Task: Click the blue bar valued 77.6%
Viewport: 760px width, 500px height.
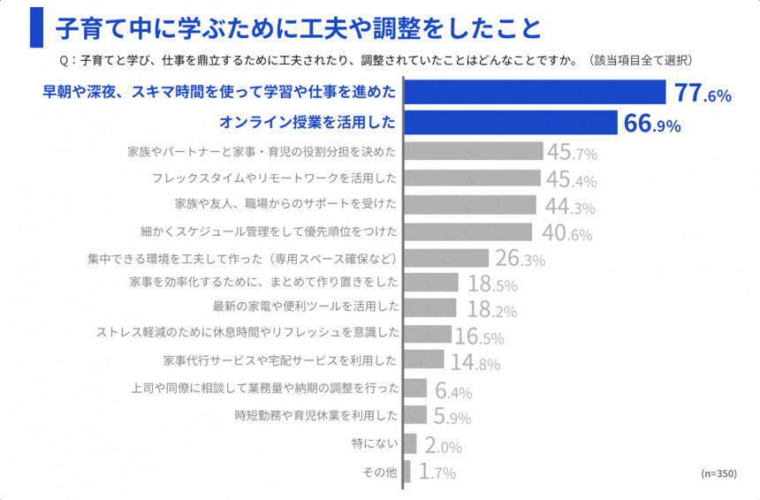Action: click(535, 92)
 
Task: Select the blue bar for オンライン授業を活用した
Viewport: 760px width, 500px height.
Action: click(511, 122)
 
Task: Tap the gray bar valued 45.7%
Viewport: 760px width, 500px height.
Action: click(474, 151)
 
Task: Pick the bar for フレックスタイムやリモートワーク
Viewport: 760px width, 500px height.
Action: click(473, 178)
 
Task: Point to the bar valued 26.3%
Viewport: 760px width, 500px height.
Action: click(446, 259)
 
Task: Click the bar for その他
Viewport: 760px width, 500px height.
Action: click(407, 472)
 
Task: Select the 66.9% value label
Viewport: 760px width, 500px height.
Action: click(652, 124)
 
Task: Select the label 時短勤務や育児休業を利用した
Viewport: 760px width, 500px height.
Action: click(316, 414)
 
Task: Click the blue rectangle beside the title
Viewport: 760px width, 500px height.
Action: click(36, 27)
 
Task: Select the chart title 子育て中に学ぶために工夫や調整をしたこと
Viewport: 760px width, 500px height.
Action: click(297, 28)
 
